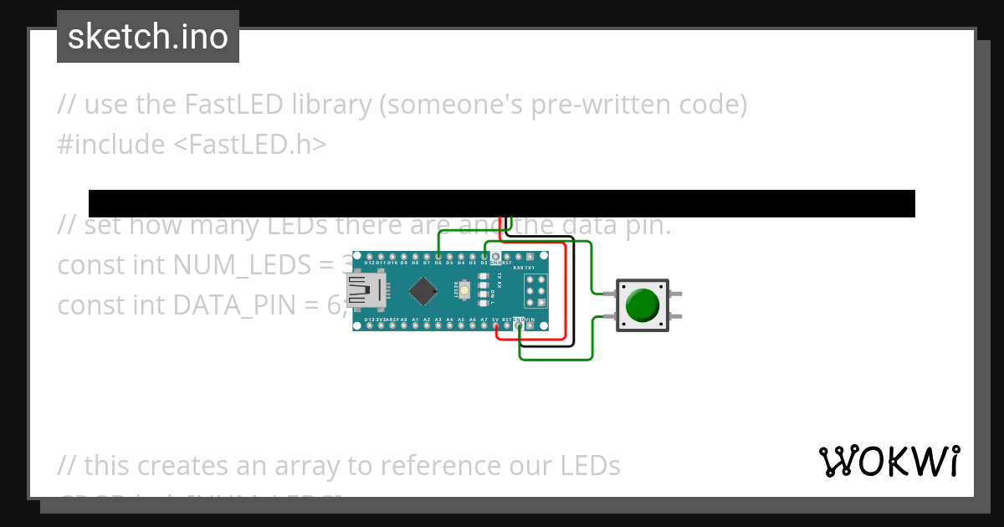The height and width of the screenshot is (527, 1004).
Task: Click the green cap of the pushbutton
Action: coord(643,304)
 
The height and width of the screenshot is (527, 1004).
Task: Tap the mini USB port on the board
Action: coord(366,292)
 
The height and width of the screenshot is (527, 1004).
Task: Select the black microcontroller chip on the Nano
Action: coord(423,291)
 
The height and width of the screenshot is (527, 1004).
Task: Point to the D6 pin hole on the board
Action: coord(438,256)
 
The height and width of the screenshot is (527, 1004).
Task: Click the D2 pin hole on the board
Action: coord(484,256)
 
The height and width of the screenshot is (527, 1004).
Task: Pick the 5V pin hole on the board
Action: coord(496,325)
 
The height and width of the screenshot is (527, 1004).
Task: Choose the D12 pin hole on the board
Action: coord(370,256)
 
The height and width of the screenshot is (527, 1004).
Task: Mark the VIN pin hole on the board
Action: coord(530,325)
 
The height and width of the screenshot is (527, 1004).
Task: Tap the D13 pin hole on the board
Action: coord(370,325)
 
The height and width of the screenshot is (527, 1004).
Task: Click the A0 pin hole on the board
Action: coord(404,325)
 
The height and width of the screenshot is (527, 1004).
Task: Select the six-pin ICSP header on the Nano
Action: coord(535,291)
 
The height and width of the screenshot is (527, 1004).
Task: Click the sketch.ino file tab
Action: coord(148,37)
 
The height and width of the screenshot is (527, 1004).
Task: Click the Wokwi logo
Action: coord(889,461)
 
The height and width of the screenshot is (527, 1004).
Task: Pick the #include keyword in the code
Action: coord(111,145)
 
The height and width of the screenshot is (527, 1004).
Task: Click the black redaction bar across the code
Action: coord(502,203)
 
